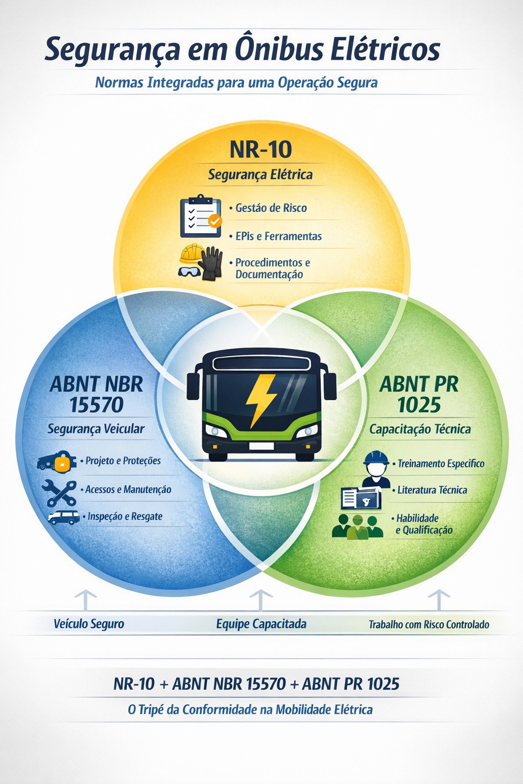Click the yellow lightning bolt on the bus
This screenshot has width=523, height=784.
pyautogui.click(x=261, y=401)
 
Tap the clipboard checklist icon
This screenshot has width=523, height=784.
pyautogui.click(x=200, y=216)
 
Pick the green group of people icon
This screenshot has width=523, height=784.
pyautogui.click(x=358, y=526)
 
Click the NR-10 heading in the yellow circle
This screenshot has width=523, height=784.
pyautogui.click(x=260, y=149)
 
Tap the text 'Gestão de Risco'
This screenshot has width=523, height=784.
pyautogui.click(x=271, y=208)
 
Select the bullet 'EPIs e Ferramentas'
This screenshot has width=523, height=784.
pyautogui.click(x=278, y=236)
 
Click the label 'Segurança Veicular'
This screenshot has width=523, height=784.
pyautogui.click(x=96, y=429)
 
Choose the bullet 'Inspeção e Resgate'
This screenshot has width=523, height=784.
pyautogui.click(x=125, y=517)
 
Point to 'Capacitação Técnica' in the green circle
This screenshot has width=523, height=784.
pyautogui.click(x=420, y=429)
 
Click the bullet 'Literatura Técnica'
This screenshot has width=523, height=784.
pyautogui.click(x=432, y=490)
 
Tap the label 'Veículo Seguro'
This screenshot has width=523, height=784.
pyautogui.click(x=89, y=624)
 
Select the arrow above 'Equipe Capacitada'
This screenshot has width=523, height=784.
pyautogui.click(x=260, y=600)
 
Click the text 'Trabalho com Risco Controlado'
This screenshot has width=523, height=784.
pyautogui.click(x=429, y=624)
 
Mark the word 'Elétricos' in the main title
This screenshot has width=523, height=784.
pyautogui.click(x=386, y=51)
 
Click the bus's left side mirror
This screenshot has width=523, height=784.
pyautogui.click(x=193, y=386)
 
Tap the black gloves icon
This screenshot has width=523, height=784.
pyautogui.click(x=211, y=263)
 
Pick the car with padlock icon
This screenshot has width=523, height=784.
pyautogui.click(x=56, y=462)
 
